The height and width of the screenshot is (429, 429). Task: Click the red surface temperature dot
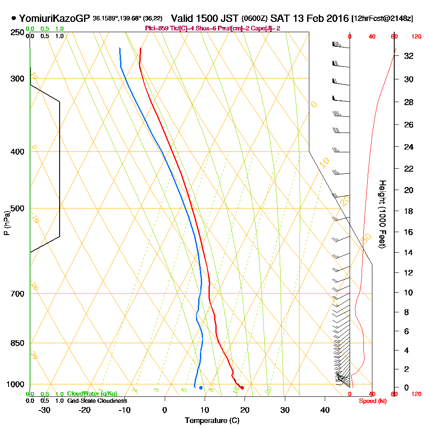[242, 388]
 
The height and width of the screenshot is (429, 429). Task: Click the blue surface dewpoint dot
[201, 388]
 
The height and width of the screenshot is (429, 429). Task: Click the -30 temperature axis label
[45, 410]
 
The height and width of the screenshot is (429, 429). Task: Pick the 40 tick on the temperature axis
[325, 410]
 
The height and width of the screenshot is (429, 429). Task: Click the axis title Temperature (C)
[212, 420]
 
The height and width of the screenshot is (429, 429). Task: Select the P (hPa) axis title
[7, 223]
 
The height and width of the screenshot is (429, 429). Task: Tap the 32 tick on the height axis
[408, 56]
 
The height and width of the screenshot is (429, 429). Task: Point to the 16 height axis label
[408, 232]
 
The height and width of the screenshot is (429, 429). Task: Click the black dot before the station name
[14, 18]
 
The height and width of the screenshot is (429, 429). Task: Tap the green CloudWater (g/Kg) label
[92, 394]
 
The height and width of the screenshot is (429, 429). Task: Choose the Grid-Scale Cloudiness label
[97, 401]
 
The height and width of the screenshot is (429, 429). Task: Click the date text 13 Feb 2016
[315, 19]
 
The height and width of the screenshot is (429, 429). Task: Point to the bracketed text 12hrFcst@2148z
[382, 19]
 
